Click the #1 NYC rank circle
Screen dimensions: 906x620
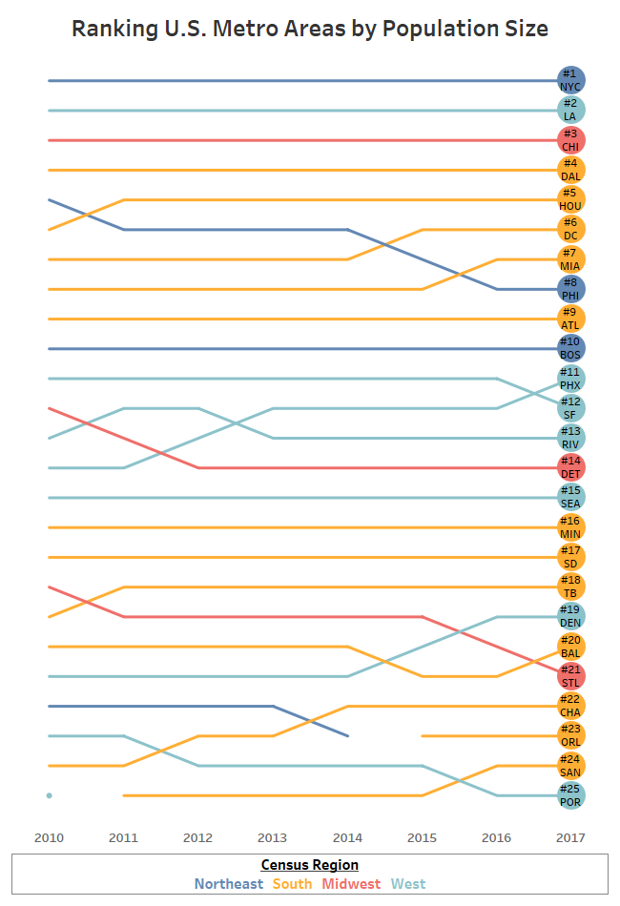[570, 80]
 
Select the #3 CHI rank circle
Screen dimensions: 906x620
[570, 140]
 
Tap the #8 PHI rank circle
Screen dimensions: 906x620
[570, 289]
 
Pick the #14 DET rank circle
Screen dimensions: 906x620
[570, 467]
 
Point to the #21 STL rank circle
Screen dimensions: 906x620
[570, 676]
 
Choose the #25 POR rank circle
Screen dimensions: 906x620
[570, 795]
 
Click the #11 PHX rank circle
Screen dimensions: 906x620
[570, 379]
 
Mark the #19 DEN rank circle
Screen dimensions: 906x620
[570, 616]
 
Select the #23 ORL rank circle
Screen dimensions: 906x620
[570, 735]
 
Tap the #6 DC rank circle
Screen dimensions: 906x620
[570, 229]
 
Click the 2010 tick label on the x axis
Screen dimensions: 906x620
[49, 837]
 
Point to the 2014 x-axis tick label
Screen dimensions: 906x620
[347, 837]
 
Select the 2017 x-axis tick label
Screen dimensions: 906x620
[570, 837]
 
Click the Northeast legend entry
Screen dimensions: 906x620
[228, 884]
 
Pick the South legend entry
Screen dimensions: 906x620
[292, 884]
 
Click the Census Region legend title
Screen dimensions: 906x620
[310, 865]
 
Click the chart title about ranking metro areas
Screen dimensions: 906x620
[310, 29]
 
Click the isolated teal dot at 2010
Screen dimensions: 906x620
[49, 795]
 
